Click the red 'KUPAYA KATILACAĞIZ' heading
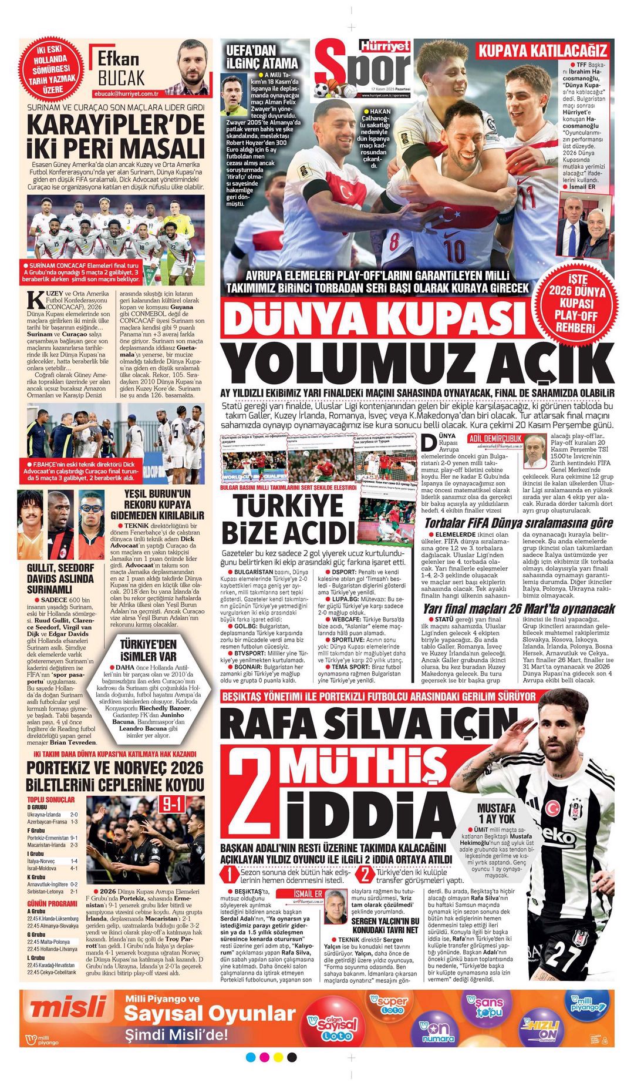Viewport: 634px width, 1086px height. [542, 50]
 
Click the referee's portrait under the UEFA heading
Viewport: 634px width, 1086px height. [234, 96]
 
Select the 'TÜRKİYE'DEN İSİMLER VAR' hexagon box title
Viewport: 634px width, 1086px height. [148, 649]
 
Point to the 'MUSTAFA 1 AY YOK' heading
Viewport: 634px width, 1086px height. [496, 813]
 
